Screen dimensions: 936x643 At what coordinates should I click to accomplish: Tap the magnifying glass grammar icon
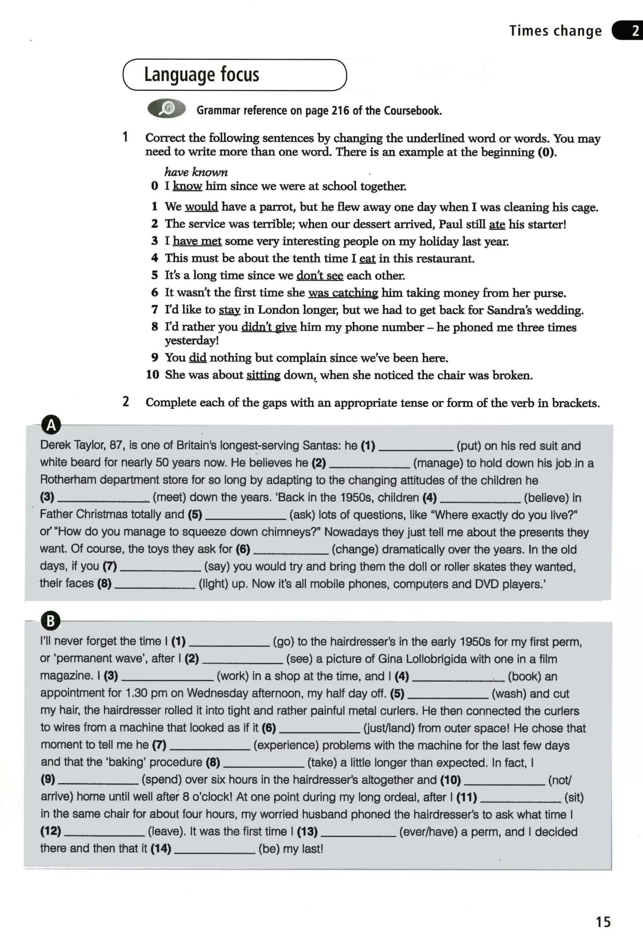click(x=166, y=108)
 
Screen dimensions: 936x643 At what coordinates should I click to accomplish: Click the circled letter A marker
click(x=51, y=425)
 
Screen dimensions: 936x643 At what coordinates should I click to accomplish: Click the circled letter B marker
click(x=51, y=621)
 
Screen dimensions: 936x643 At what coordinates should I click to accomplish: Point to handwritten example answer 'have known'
click(x=196, y=172)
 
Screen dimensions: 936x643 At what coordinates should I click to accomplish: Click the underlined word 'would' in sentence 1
click(x=202, y=207)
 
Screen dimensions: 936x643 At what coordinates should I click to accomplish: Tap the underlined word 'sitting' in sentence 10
click(x=263, y=375)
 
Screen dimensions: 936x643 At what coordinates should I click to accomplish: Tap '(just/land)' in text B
click(x=388, y=728)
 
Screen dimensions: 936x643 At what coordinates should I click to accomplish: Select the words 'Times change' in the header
click(x=555, y=31)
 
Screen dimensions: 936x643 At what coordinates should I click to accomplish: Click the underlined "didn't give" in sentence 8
click(x=269, y=327)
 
